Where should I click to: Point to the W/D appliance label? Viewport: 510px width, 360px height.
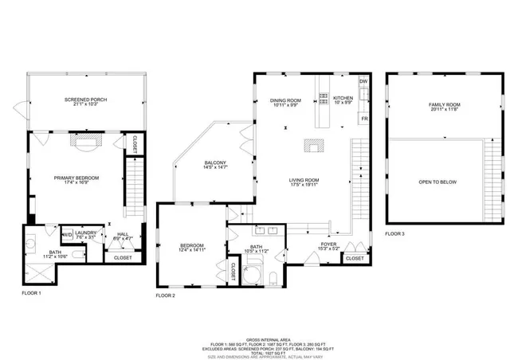(x=68, y=234)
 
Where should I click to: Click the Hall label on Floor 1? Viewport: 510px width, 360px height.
(x=122, y=235)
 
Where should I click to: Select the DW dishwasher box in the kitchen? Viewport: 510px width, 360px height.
(x=363, y=82)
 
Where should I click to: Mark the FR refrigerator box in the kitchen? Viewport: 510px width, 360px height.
(x=364, y=119)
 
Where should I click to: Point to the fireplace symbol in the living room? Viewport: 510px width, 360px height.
(x=313, y=147)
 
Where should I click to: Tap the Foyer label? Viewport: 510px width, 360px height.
(x=329, y=246)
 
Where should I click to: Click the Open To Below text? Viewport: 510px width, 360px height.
(x=437, y=182)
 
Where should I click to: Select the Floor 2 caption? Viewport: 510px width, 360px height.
(x=165, y=295)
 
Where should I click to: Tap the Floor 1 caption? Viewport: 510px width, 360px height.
(x=32, y=293)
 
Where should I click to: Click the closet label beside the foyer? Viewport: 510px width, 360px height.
(x=355, y=259)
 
